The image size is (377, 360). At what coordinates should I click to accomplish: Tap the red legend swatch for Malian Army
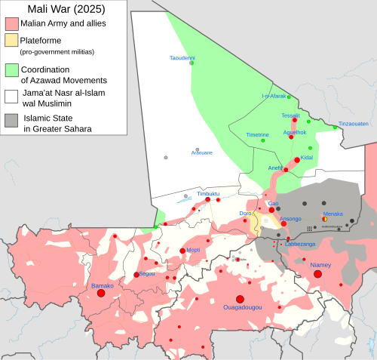[11, 24]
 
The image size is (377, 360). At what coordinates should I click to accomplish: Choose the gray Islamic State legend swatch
[11, 119]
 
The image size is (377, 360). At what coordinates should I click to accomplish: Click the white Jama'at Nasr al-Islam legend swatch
[11, 96]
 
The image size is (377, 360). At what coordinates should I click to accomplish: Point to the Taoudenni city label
[182, 57]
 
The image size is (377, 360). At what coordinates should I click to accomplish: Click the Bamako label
[102, 286]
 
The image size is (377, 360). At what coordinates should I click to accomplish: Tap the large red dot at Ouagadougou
[239, 299]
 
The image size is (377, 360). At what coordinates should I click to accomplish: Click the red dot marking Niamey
[317, 274]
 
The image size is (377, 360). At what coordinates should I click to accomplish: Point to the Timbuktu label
[207, 193]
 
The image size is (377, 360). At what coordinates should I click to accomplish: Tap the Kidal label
[306, 157]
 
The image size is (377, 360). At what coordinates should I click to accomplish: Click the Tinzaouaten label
[353, 123]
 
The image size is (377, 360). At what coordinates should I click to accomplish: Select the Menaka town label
[333, 214]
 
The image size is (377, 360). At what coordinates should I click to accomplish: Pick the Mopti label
[193, 249]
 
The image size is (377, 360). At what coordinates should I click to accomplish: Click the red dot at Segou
[136, 275]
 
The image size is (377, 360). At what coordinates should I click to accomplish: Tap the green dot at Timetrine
[262, 140]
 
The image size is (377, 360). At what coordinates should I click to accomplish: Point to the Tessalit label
[290, 115]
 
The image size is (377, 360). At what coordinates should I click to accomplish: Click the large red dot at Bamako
[100, 293]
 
